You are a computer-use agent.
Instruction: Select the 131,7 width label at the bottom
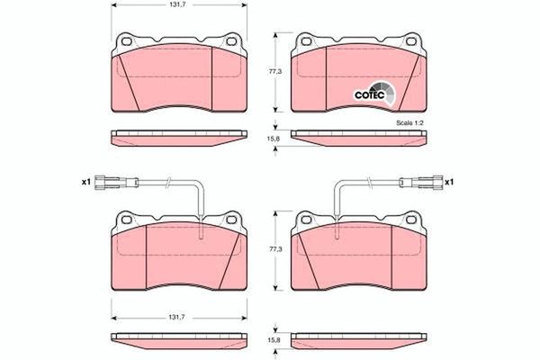[178, 316]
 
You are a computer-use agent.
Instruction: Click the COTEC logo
[369, 93]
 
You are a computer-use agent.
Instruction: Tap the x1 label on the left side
[86, 182]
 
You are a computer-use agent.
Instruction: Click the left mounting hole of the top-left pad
[124, 42]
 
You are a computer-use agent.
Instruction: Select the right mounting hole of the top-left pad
[230, 42]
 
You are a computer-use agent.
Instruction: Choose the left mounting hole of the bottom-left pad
[124, 219]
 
